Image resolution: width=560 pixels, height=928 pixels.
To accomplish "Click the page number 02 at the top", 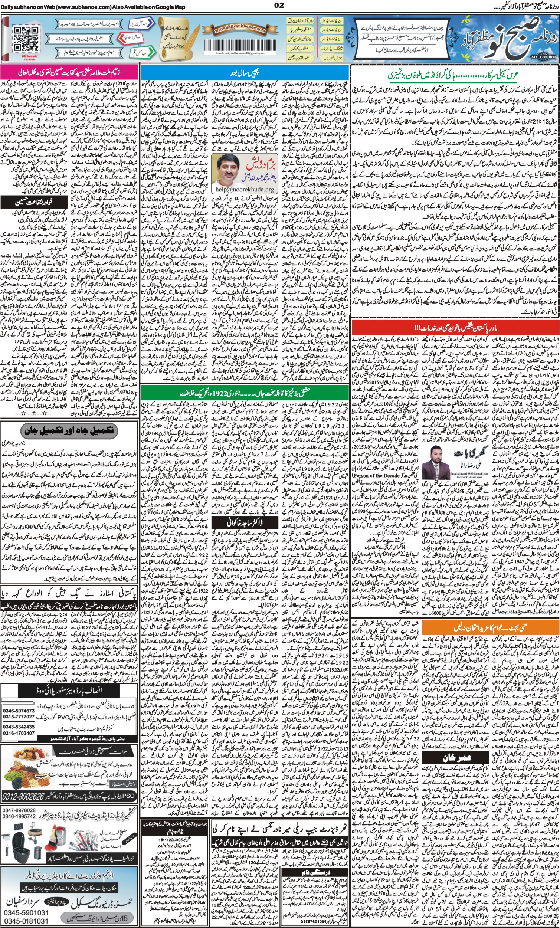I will click(279, 5).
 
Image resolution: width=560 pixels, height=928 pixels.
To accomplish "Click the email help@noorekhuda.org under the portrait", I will click(243, 190).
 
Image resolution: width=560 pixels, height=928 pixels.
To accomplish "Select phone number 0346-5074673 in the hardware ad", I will click(19, 711).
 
